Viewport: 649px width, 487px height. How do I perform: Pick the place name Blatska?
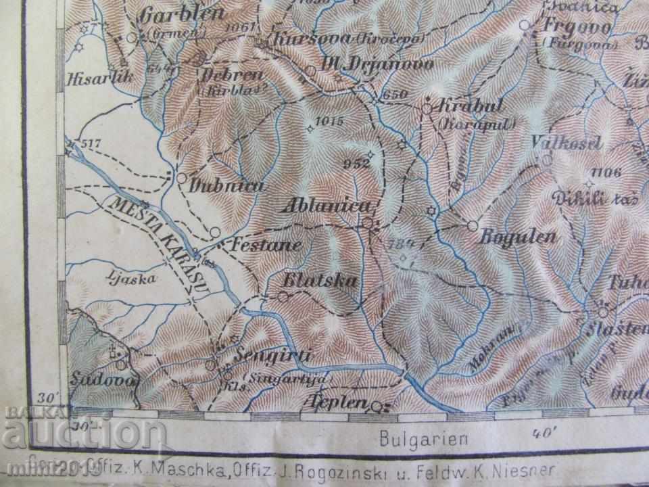click(321, 281)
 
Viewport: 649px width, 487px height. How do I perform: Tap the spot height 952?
click(356, 162)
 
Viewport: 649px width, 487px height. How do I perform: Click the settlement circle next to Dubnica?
click(181, 177)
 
